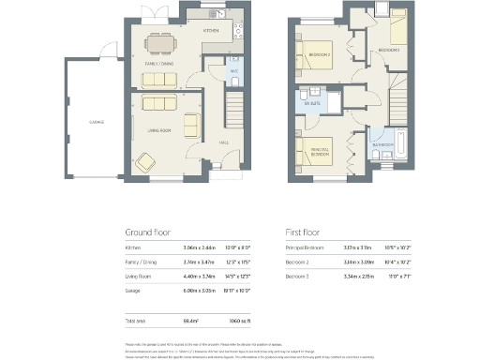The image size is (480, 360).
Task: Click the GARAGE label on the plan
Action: pyautogui.click(x=96, y=122)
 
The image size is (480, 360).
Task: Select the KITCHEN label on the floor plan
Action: pyautogui.click(x=211, y=31)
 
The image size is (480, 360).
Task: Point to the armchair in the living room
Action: pyautogui.click(x=190, y=124)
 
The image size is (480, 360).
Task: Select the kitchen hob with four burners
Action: pyautogui.click(x=236, y=35)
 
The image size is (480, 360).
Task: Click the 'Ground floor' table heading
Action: pyautogui.click(x=148, y=232)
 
